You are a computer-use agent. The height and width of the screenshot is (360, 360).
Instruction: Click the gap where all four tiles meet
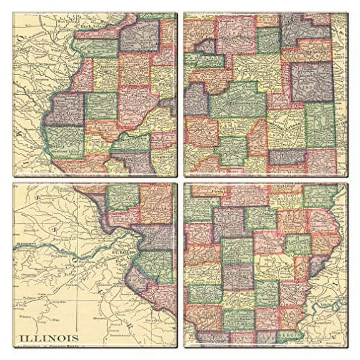click(180, 180)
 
